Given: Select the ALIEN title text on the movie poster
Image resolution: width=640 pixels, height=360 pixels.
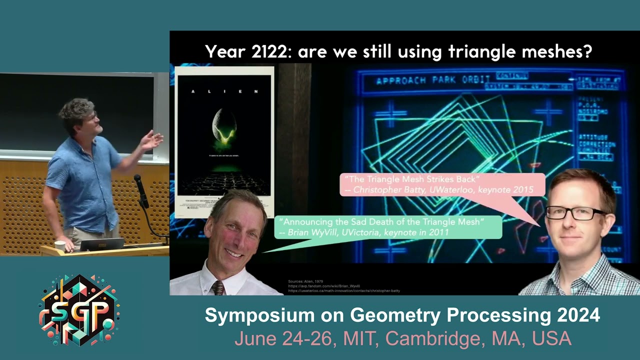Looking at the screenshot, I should click(224, 92).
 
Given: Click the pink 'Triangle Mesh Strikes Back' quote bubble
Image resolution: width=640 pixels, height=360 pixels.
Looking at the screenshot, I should click(442, 184).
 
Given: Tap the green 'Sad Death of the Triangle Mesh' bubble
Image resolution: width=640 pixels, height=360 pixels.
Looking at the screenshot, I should click(388, 226).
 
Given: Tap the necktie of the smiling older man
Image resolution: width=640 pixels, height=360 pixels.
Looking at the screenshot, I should click(218, 288).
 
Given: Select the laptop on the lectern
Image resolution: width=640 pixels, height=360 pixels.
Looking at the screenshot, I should click(101, 245).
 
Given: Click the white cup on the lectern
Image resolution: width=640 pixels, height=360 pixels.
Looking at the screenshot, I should click(60, 246).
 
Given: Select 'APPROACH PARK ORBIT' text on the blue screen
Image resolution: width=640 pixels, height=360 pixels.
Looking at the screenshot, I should click(432, 80).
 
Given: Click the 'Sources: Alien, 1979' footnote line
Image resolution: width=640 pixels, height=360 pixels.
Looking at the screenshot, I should click(305, 281).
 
